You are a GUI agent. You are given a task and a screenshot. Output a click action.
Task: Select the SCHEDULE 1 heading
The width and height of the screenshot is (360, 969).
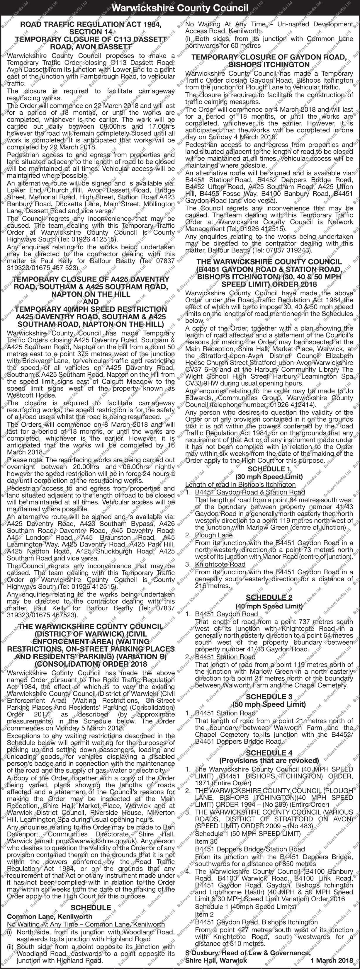269,469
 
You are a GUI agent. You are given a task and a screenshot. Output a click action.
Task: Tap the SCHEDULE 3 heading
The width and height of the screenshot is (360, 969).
269,696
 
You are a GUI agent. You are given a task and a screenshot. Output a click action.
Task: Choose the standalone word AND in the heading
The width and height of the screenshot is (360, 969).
91,302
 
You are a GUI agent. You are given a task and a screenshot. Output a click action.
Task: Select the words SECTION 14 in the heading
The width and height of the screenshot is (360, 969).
91,32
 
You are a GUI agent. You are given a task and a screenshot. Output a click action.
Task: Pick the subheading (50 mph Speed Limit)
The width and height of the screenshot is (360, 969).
269,704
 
